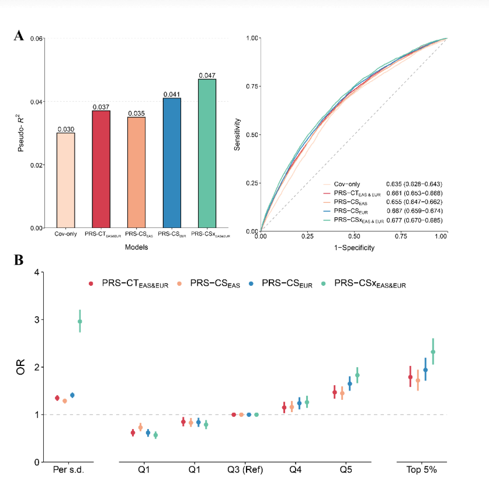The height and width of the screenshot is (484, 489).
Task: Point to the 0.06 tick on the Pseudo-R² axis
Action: pos(36,39)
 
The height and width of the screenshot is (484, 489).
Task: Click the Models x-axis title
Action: pos(136,247)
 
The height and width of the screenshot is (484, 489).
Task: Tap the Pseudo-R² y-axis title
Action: pos(21,134)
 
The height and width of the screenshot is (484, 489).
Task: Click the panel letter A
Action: pos(19,36)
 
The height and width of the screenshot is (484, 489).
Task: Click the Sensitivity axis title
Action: pos(238,134)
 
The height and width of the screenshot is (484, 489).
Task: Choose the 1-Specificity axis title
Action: pos(353,247)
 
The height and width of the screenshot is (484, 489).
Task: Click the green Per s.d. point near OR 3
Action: pos(80,321)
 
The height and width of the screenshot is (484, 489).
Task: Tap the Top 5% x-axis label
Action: pos(422,470)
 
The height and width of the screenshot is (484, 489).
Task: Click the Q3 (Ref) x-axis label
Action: pos(245,470)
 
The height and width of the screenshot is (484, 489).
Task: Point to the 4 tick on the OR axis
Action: pos(36,272)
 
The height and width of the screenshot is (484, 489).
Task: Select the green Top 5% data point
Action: pos(433,351)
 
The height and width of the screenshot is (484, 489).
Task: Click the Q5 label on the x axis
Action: pos(345,470)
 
